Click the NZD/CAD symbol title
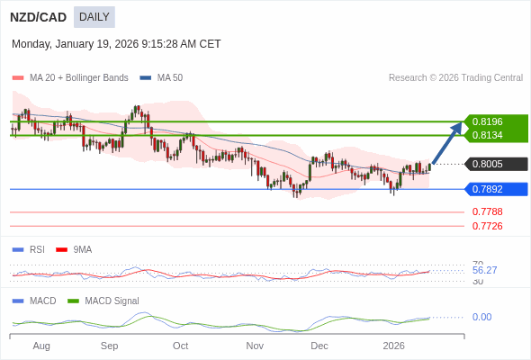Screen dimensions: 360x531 pos(38,16)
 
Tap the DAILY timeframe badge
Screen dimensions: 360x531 pos(94,16)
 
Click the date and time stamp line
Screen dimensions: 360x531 pos(116,44)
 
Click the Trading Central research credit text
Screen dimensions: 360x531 pos(455,78)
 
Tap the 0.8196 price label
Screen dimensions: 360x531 pos(488,121)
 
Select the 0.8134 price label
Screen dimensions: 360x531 pos(488,135)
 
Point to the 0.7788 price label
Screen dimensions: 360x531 pos(488,211)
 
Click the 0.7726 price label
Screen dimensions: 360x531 pos(488,226)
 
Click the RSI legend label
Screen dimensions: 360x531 pos(36,249)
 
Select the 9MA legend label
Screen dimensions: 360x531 pos(82,249)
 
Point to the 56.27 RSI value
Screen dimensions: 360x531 pos(484,270)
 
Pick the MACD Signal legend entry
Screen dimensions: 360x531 pos(111,301)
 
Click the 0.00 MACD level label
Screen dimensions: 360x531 pos(481,317)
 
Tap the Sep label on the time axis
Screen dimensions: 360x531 pos(109,346)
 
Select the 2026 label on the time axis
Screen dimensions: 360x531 pos(393,346)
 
